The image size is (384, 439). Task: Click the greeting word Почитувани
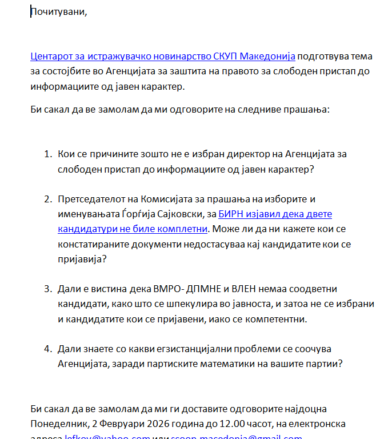59,12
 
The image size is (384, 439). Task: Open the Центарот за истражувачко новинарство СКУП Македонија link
163,56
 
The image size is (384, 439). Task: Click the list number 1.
47,154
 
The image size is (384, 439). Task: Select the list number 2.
47,199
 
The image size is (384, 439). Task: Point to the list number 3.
47,289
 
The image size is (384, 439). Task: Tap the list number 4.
47,348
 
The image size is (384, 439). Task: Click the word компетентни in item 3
276,318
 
